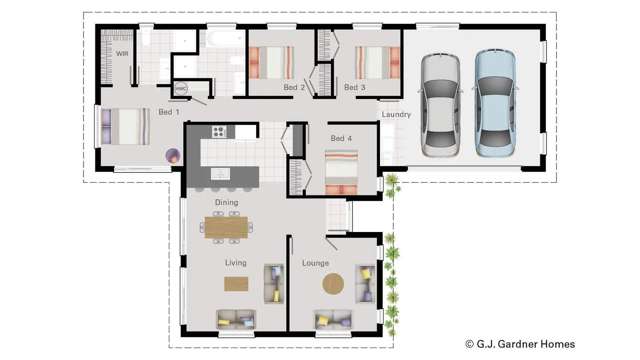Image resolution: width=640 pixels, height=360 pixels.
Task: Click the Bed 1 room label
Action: tap(168, 112)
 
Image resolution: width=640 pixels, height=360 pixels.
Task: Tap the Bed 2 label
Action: tap(293, 88)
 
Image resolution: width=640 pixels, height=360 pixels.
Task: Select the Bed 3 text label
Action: tap(355, 88)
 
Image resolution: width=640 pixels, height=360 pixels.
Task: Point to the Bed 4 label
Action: tap(341, 137)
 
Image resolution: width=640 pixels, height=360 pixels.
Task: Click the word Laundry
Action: tap(396, 115)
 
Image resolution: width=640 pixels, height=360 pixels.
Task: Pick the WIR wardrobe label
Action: tap(122, 53)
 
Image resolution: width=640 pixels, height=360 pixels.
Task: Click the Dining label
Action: tap(226, 203)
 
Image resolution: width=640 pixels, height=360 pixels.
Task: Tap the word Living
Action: tap(236, 263)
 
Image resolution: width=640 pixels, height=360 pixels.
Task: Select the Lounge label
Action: tap(317, 263)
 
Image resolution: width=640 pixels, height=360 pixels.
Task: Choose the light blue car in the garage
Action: tap(493, 101)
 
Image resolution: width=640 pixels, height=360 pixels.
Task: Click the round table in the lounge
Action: tap(333, 284)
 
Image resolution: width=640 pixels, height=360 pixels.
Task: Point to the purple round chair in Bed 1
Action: tap(173, 155)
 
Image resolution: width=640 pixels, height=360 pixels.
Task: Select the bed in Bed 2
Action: tap(271, 61)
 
